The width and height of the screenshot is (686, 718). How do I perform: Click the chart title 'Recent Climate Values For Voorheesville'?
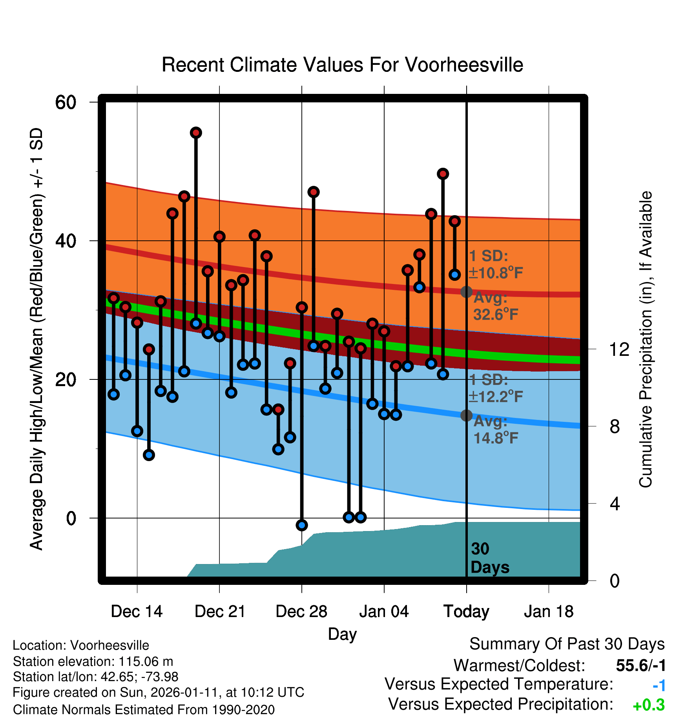(342, 65)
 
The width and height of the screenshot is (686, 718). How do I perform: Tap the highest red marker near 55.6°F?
(196, 133)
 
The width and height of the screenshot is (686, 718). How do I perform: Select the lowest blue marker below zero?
(302, 525)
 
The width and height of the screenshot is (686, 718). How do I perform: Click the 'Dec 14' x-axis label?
(137, 612)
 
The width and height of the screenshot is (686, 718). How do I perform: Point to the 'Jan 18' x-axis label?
(549, 612)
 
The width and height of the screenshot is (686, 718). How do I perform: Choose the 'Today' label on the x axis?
(466, 612)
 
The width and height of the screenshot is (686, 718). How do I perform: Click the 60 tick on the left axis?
(66, 103)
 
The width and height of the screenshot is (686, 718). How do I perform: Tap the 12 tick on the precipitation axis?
(619, 349)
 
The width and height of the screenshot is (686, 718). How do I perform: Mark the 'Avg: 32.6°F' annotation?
(496, 306)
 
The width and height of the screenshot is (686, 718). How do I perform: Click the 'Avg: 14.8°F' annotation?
(496, 430)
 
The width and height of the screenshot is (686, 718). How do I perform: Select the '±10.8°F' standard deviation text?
(496, 273)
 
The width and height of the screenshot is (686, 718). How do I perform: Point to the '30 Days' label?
(489, 558)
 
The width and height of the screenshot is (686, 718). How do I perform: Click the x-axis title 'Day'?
(342, 634)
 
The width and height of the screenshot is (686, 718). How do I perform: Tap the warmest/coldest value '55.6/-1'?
(640, 665)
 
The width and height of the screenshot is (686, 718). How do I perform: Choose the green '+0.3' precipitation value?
(649, 705)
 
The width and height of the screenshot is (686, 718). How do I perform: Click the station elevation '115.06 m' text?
(146, 661)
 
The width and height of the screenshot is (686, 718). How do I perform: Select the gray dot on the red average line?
(466, 292)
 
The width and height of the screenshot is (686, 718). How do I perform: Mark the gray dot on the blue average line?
(466, 415)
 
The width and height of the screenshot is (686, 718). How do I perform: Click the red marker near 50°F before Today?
(443, 174)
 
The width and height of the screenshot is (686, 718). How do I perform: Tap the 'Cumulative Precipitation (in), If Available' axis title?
(646, 340)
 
